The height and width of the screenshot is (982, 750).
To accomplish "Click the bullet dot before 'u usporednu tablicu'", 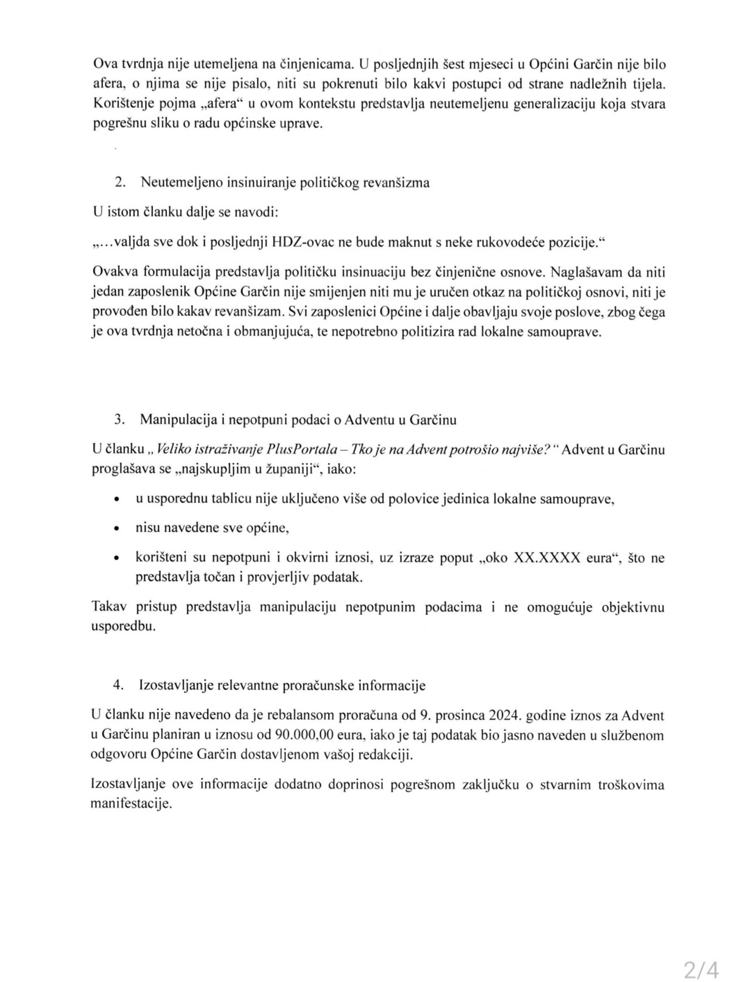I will pos(117,500).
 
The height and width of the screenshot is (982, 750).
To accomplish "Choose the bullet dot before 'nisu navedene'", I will pos(117,529).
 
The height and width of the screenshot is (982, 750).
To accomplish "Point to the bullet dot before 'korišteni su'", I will pos(117,559).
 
